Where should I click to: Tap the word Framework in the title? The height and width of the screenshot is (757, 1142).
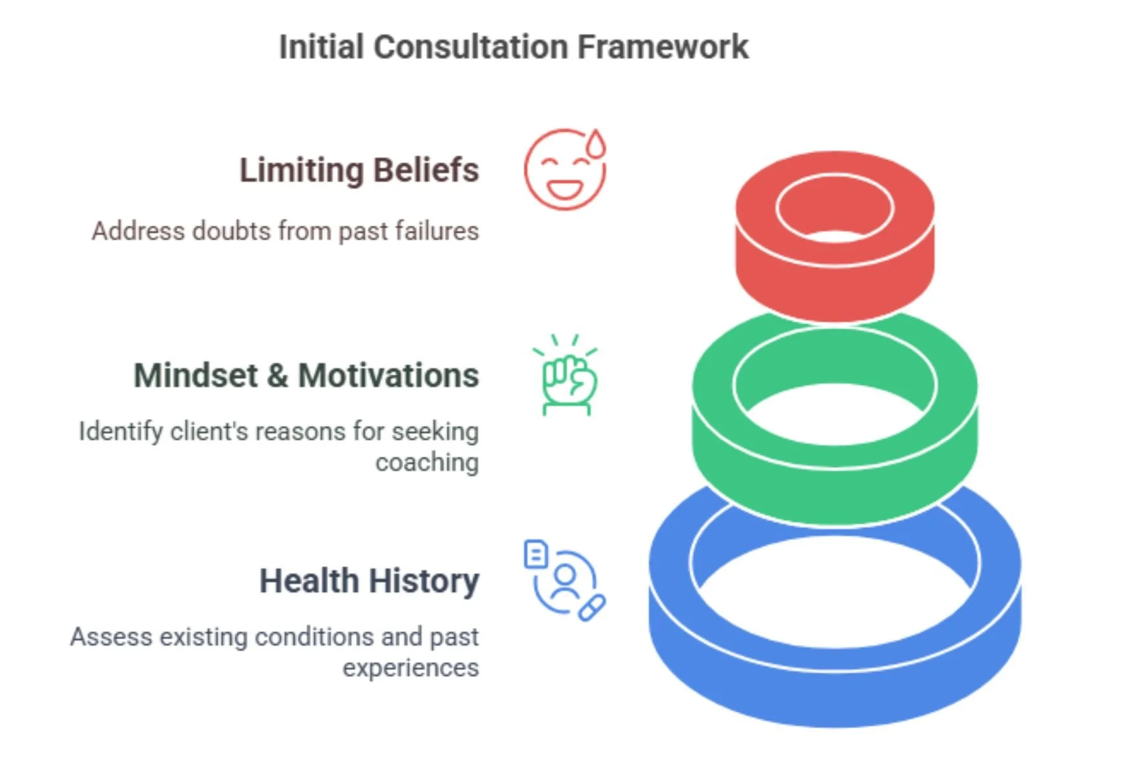[662, 47]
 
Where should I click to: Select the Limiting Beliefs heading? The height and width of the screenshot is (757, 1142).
[359, 170]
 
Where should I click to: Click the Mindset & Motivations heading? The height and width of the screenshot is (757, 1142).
[306, 376]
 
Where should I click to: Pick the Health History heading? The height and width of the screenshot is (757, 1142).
[369, 581]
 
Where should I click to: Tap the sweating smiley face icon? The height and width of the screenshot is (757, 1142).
[564, 170]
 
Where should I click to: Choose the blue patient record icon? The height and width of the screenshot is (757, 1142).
[564, 580]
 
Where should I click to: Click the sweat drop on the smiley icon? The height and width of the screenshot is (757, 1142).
[596, 144]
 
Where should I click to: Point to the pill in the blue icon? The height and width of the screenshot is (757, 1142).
[592, 608]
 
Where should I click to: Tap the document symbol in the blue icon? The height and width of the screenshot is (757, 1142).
[536, 554]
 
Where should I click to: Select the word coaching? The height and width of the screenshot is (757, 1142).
[427, 462]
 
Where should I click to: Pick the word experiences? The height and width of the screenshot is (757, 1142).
[410, 668]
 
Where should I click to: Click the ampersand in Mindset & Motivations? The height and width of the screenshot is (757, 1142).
[277, 376]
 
